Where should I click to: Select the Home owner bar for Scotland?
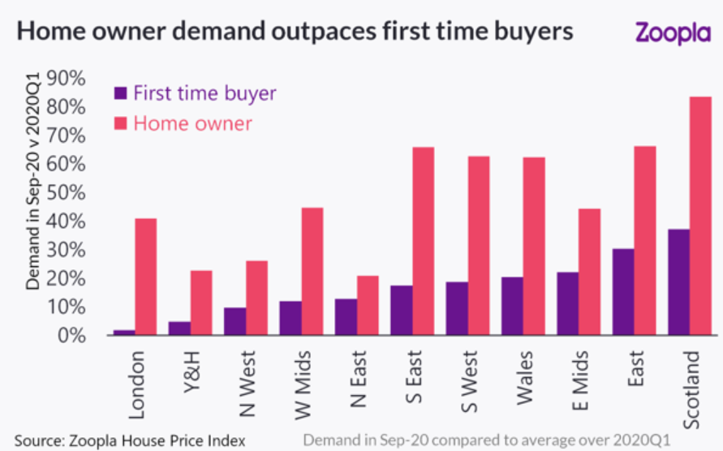700,216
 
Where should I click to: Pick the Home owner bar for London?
146,277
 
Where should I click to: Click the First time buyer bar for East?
623,291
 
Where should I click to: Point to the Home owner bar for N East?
368,305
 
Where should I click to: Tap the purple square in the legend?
120,93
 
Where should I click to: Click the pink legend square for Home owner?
120,123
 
